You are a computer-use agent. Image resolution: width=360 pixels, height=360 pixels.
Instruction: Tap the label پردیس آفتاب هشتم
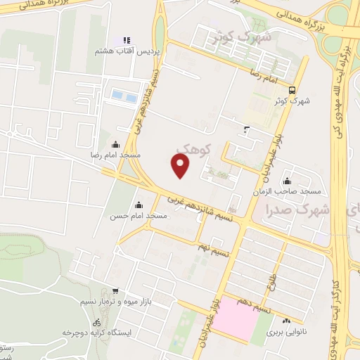[x=127, y=52]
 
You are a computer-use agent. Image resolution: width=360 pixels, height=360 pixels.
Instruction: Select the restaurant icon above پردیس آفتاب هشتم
[x=127, y=40]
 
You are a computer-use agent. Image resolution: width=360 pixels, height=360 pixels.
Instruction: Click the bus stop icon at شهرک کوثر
[x=292, y=89]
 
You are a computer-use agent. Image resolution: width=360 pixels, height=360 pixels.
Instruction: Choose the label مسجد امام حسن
[x=137, y=216]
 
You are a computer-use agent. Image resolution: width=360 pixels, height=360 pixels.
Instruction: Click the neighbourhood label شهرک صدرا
[x=297, y=208]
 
